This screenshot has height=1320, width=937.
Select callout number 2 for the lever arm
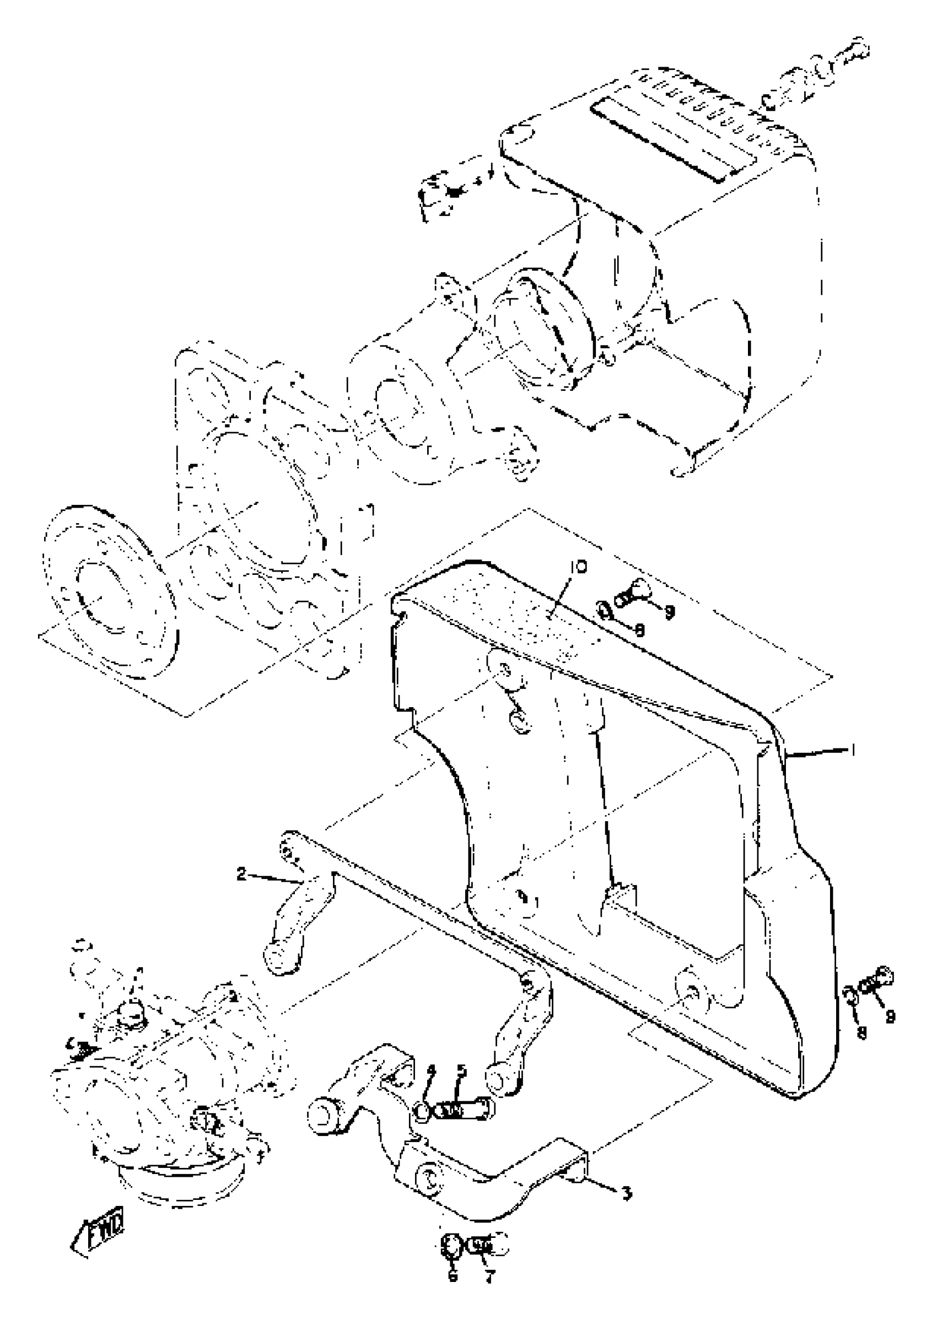pos(241,874)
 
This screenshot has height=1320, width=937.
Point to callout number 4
pos(431,1071)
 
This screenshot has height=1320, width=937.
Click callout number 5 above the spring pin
pos(461,1071)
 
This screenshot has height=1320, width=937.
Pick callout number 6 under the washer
pos(453,1272)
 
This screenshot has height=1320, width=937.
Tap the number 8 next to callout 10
pos(639,631)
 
